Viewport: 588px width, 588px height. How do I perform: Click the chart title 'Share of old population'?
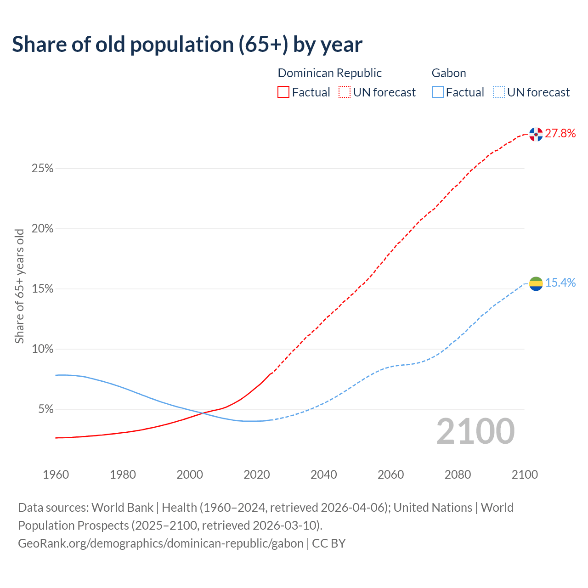pyautogui.click(x=187, y=45)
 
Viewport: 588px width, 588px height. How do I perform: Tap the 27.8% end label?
pyautogui.click(x=560, y=134)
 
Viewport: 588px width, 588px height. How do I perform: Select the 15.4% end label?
pyautogui.click(x=560, y=283)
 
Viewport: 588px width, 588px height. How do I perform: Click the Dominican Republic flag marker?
pyautogui.click(x=536, y=134)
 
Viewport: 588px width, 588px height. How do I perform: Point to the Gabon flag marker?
pyautogui.click(x=536, y=284)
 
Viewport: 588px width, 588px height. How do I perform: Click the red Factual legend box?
pyautogui.click(x=283, y=92)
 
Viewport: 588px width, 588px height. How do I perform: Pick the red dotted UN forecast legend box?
pyautogui.click(x=345, y=92)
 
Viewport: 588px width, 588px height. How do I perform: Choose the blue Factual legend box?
pyautogui.click(x=438, y=92)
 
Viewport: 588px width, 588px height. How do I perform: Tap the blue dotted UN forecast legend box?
pyautogui.click(x=498, y=92)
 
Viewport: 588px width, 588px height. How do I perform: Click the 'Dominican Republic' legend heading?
pyautogui.click(x=329, y=73)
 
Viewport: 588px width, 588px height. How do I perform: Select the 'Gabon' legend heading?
pyautogui.click(x=449, y=73)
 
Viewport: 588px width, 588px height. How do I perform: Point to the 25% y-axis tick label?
pyautogui.click(x=42, y=169)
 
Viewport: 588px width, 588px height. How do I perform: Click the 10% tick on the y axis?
pyautogui.click(x=42, y=349)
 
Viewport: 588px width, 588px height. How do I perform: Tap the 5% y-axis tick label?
pyautogui.click(x=45, y=409)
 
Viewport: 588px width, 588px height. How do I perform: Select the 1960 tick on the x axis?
pyautogui.click(x=56, y=475)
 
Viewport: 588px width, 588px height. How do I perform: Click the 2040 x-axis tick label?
pyautogui.click(x=324, y=475)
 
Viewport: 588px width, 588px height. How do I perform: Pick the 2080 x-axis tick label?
pyautogui.click(x=458, y=475)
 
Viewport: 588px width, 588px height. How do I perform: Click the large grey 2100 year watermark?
pyautogui.click(x=475, y=431)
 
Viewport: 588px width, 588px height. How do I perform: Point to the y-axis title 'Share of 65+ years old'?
pyautogui.click(x=19, y=286)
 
